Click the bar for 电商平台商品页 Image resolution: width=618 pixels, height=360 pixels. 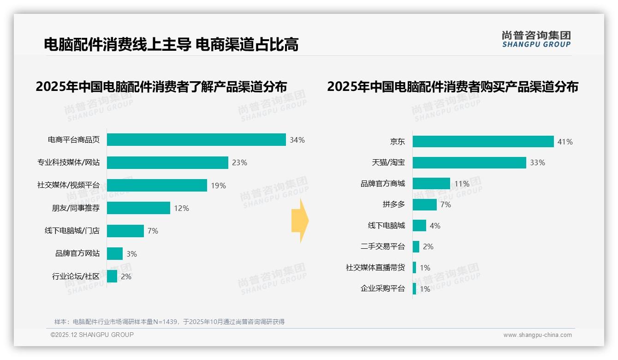click(x=196, y=139)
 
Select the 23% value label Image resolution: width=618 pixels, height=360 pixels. click(x=239, y=162)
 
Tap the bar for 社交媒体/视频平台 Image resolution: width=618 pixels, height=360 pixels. click(x=157, y=185)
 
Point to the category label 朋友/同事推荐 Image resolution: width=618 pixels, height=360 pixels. click(x=76, y=208)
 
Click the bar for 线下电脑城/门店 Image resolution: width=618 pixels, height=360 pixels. click(x=125, y=231)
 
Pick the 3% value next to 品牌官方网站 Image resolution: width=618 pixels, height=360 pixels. click(x=131, y=254)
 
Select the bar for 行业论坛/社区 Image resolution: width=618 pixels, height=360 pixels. click(x=112, y=276)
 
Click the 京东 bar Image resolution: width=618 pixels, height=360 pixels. click(x=483, y=142)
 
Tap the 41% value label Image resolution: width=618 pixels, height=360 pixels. click(x=565, y=142)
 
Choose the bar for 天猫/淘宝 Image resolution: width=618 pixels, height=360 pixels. click(x=469, y=162)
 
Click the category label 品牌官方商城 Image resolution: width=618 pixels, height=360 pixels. click(x=383, y=184)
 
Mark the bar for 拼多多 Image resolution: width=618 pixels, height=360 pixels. click(x=424, y=204)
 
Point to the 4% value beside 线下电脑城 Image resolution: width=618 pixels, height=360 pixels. click(x=435, y=226)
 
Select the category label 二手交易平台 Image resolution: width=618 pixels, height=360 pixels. click(x=383, y=246)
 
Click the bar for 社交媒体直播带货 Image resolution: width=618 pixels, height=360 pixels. click(x=415, y=268)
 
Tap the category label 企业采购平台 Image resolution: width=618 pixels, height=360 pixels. click(x=383, y=289)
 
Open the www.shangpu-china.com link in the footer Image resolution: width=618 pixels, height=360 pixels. click(x=537, y=335)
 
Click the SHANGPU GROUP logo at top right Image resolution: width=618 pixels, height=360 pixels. click(x=536, y=39)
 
